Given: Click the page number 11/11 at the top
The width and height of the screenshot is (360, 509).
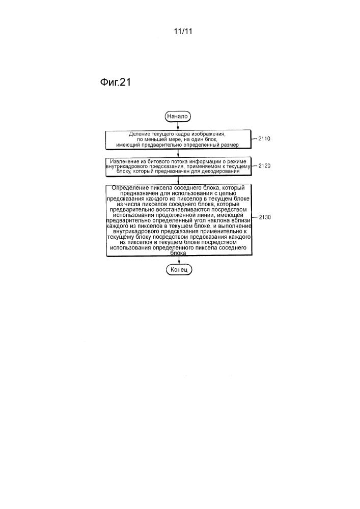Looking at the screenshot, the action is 183,31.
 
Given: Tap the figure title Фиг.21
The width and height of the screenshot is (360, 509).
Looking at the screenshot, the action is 116,82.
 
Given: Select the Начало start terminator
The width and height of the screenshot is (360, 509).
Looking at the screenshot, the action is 178,116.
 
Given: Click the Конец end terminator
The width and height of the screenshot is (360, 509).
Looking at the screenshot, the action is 179,270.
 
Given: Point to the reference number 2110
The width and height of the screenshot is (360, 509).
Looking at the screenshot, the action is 264,138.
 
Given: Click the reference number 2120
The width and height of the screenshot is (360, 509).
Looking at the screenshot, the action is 265,165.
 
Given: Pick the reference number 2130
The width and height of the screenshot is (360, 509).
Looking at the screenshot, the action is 265,217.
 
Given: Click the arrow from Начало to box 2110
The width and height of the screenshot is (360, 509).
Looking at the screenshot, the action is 178,126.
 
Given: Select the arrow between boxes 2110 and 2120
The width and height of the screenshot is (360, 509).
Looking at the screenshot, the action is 178,153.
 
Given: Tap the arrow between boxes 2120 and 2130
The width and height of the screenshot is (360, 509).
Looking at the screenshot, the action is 178,180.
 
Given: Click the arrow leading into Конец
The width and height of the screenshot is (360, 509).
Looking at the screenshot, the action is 179,260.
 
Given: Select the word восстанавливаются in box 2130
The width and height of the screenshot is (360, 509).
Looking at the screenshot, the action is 177,210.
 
